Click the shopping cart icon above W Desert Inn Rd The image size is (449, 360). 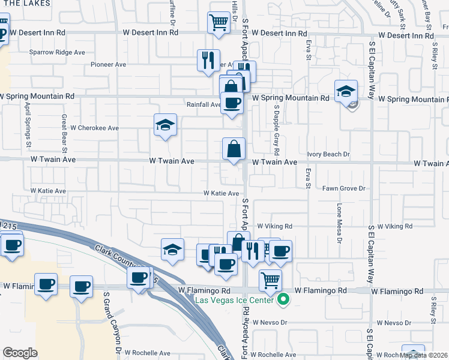click(x=219, y=23)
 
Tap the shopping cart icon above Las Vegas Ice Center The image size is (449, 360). click(x=271, y=280)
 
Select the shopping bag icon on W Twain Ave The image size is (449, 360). click(x=234, y=149)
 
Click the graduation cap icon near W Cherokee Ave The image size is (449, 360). click(x=165, y=125)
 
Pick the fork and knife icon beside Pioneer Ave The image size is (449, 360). click(x=208, y=60)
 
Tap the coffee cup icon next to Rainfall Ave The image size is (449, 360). click(x=232, y=103)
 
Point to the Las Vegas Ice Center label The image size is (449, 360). click(x=241, y=301)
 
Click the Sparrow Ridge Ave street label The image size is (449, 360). click(x=57, y=52)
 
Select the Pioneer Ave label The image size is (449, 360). click(x=108, y=64)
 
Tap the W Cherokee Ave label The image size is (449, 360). click(x=95, y=128)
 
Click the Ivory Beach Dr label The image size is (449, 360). click(x=328, y=154)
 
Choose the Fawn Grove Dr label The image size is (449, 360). click(x=344, y=188)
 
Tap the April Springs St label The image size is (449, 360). click(x=28, y=124)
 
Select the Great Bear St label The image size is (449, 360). click(x=63, y=133)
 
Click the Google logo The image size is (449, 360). click(x=20, y=352)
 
